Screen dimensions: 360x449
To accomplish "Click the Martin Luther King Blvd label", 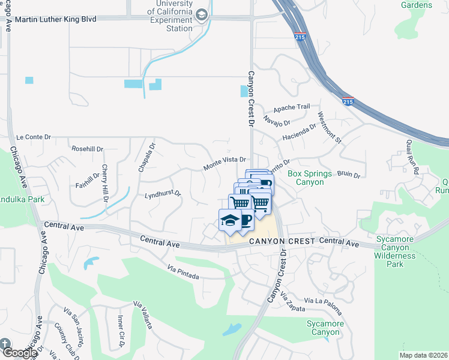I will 55,19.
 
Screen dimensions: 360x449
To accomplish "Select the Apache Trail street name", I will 292,108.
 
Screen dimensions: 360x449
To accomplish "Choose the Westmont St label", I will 329,128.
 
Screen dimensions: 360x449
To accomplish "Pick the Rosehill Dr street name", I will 87,149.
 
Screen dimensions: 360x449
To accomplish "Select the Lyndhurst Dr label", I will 163,196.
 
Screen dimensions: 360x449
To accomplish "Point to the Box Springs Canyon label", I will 309,178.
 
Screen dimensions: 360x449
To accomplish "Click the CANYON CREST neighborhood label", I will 281,241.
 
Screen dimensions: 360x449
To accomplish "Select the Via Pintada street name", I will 183,272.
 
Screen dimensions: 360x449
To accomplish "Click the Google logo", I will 19,353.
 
